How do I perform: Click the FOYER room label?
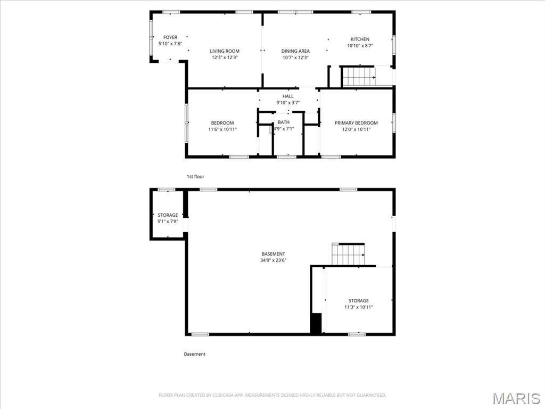[x=170, y=37]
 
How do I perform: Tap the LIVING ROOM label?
[x=225, y=51]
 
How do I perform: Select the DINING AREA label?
[x=295, y=51]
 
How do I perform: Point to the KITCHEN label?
[x=360, y=39]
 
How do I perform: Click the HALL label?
[x=288, y=96]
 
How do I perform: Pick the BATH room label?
[x=284, y=122]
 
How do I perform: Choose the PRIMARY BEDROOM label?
[x=356, y=123]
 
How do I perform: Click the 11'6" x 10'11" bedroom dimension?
[x=222, y=129]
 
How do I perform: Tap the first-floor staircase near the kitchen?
[x=358, y=76]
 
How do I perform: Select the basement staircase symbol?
[x=349, y=254]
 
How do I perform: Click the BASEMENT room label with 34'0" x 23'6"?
[x=273, y=254]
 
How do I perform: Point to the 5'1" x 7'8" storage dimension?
[x=168, y=222]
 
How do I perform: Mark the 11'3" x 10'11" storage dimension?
[x=358, y=307]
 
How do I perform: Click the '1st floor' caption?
[x=195, y=176]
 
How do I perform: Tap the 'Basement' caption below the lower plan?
[x=195, y=354]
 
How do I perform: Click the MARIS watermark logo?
[x=516, y=398]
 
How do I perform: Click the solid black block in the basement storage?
[x=316, y=324]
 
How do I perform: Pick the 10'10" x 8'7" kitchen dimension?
[x=360, y=46]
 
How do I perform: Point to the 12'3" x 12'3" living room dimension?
[x=225, y=58]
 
